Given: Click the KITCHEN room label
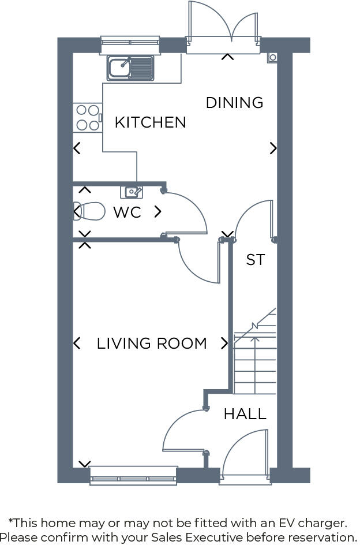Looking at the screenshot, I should [x=150, y=122].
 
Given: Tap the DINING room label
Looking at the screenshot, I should [x=234, y=103].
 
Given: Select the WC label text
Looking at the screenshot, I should [x=127, y=212].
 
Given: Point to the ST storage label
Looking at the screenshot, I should [x=255, y=260].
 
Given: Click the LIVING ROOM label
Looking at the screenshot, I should [x=152, y=344].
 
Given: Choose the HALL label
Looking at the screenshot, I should [x=245, y=414].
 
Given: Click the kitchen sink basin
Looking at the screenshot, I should [x=119, y=68].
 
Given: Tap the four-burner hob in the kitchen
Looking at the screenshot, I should [x=87, y=117].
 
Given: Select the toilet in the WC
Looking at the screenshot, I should [x=91, y=211].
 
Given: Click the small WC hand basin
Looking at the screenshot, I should [x=132, y=192].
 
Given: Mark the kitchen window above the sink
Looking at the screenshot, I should [x=129, y=41].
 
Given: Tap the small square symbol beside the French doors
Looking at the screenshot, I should [x=272, y=57].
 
